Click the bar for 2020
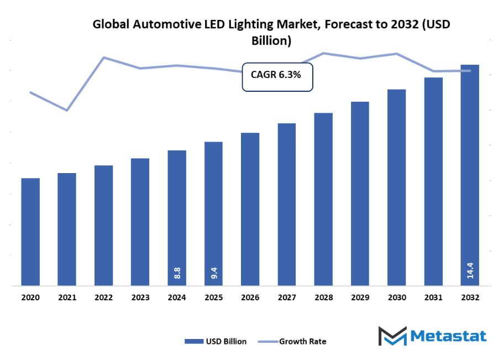pos(30,232)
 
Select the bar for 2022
pos(103,226)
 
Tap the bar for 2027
pos(287,205)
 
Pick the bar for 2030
pos(396,187)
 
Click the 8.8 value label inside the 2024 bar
pos(177,273)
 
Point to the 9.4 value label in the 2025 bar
pos(213,273)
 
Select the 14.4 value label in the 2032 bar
pos(470,272)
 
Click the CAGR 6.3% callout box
pos(277,76)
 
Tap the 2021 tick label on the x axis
pos(67,298)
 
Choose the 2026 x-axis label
pos(250,298)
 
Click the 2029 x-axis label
pos(360,298)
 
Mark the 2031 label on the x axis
pos(433,298)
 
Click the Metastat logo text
pos(449,336)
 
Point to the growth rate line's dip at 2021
pos(67,111)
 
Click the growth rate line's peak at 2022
pos(103,57)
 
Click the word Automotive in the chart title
pos(161,24)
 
